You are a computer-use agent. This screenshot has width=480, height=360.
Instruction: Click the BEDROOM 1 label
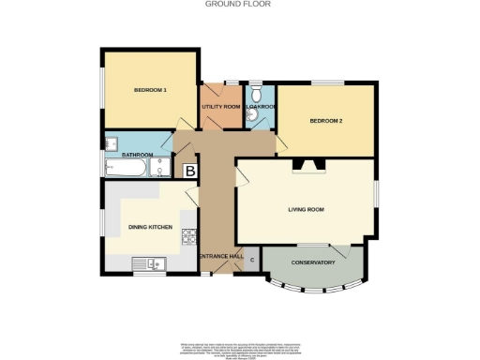point(150,90)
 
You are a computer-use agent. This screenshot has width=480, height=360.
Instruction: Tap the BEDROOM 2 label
point(326,123)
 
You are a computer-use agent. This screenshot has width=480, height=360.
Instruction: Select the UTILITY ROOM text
point(221,107)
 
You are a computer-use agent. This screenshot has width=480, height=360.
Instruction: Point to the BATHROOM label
point(136,155)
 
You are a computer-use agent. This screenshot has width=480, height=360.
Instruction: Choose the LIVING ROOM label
point(306,209)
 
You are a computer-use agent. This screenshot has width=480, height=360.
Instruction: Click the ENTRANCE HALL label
point(220,256)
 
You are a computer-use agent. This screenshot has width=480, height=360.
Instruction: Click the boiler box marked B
point(189,172)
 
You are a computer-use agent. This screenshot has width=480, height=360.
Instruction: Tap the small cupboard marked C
point(251,259)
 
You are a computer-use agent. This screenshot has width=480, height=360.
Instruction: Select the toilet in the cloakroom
point(255,92)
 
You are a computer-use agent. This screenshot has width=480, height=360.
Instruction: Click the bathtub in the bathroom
point(125,169)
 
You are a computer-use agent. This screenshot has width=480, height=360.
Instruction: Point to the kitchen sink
point(149,263)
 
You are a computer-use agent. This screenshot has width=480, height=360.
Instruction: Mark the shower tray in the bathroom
point(161,169)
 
